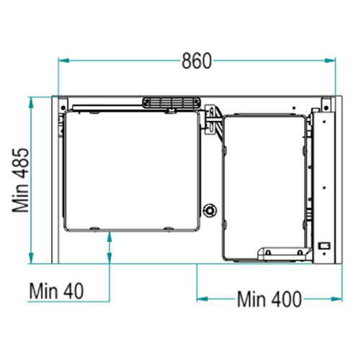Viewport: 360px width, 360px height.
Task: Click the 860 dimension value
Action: coord(197,61)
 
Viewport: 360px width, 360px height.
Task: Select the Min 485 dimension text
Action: coord(21,181)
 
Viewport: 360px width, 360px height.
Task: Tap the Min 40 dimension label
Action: coord(56,291)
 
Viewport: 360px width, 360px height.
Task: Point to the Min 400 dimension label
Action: coord(269,299)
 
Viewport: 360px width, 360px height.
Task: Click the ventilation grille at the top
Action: coord(171,103)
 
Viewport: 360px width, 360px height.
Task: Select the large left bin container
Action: coord(132,171)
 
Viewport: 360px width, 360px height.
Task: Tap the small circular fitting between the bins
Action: coord(210,210)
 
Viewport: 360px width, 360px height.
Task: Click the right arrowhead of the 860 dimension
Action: coord(330,60)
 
